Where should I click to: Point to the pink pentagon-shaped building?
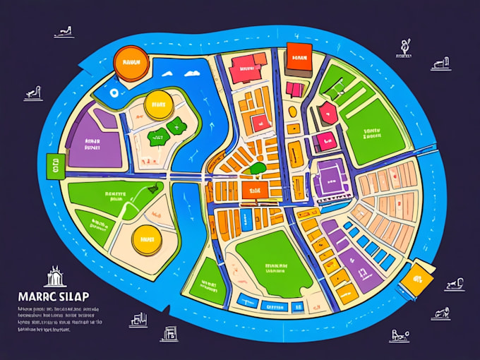(326, 113)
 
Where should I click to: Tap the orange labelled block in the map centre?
(252, 189)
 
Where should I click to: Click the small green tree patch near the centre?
(258, 169)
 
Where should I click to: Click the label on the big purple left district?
(92, 145)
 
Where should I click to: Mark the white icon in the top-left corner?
(64, 32)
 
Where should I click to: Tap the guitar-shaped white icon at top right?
(404, 48)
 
